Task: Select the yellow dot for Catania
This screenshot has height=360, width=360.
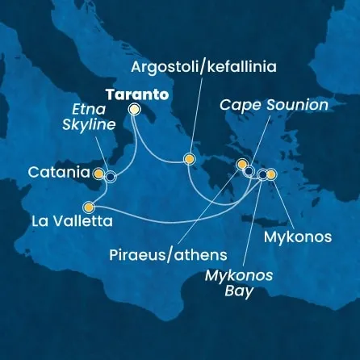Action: tap(98, 173)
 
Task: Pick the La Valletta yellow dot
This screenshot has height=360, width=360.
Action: tap(89, 207)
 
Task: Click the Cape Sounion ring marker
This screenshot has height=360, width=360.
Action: tap(249, 171)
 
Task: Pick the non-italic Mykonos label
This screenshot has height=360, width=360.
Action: tap(297, 237)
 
